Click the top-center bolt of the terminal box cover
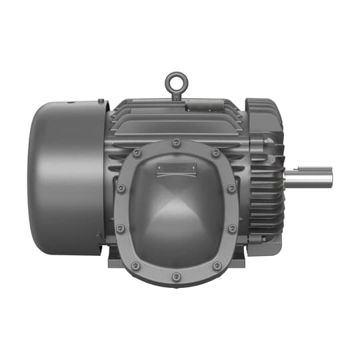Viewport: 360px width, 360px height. tap(177, 143)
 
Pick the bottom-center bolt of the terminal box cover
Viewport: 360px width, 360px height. tap(177, 277)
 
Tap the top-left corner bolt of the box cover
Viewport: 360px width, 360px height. tap(137, 153)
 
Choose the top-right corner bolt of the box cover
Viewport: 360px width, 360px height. tap(216, 153)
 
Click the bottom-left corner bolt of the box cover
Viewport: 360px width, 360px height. tap(137, 266)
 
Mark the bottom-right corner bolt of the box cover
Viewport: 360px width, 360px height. tap(216, 266)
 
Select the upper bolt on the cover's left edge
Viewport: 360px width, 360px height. tap(121, 189)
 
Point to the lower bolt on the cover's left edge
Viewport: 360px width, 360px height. tap(121, 229)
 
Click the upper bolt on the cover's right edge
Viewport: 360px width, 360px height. tap(232, 189)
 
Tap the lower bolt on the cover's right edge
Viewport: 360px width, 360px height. tap(232, 229)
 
